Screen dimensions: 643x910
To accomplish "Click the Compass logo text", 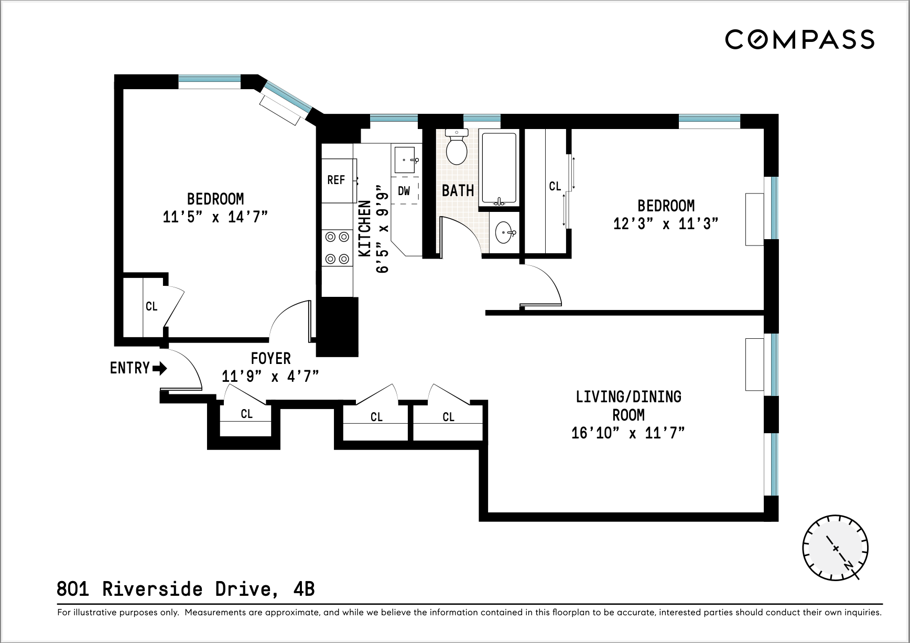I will [799, 40].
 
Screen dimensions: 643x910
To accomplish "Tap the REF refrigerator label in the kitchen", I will [336, 180].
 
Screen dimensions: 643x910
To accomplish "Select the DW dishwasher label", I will [404, 191].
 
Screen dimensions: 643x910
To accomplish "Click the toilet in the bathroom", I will [457, 148].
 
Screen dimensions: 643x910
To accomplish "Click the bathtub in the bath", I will [499, 169].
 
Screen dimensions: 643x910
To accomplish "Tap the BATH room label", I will [458, 190].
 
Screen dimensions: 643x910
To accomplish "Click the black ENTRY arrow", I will [160, 368].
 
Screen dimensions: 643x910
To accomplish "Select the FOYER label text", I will [270, 359].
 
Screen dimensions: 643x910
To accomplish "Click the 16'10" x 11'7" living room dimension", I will [628, 433].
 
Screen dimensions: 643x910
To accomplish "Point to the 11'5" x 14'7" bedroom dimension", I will [215, 217].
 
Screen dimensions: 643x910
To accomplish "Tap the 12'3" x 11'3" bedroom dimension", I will [666, 224].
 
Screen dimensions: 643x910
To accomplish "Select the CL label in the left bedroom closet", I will [151, 306].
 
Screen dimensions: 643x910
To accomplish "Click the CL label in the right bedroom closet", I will [555, 186].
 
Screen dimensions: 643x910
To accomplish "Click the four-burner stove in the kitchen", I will [337, 248].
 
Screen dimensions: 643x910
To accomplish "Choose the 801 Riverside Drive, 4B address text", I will [186, 589].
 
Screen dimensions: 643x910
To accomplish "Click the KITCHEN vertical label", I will [365, 228].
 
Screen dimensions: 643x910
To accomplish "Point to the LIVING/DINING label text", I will [628, 396].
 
